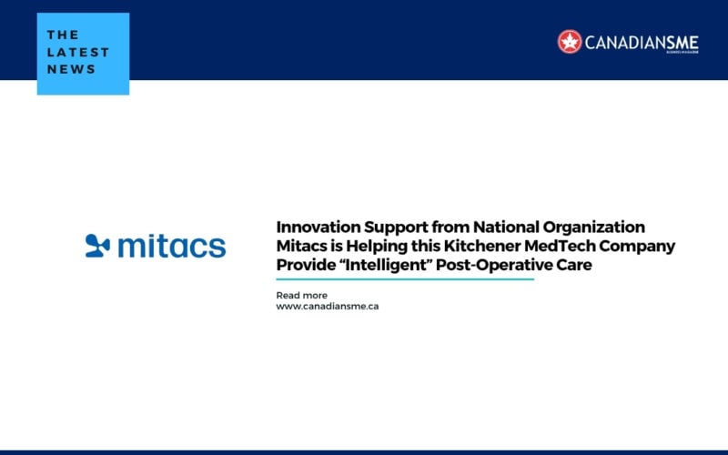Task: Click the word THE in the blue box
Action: [x=64, y=35]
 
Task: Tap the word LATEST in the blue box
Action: [x=77, y=52]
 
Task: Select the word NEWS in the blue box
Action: [x=71, y=68]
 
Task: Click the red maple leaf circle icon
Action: [x=570, y=41]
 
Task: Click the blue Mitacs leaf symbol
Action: [x=97, y=245]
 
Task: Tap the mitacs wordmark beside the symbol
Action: [x=171, y=245]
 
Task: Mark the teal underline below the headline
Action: [x=405, y=279]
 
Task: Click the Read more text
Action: [x=301, y=296]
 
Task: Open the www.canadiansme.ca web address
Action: [x=328, y=307]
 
